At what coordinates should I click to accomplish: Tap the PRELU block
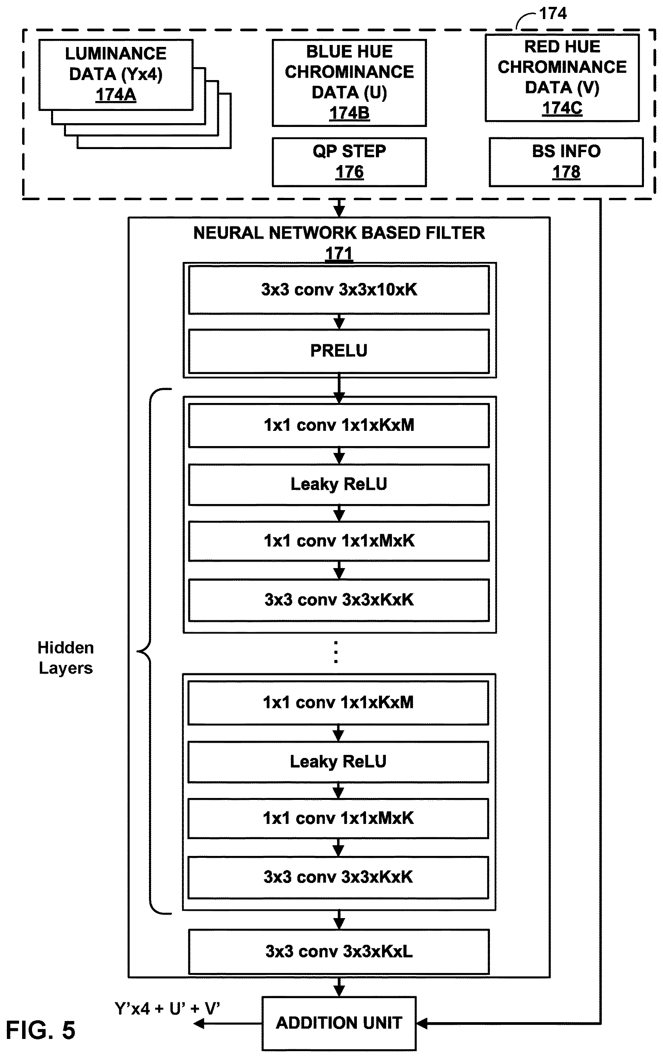pyautogui.click(x=339, y=351)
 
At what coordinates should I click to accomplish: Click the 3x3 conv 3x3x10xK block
pyautogui.click(x=339, y=290)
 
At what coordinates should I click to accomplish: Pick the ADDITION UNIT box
pyautogui.click(x=339, y=1023)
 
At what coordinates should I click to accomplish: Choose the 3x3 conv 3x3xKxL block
pyautogui.click(x=339, y=952)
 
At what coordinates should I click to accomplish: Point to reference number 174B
pyautogui.click(x=350, y=113)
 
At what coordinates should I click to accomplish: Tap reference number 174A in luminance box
pyautogui.click(x=116, y=95)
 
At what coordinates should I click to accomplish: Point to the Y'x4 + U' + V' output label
pyautogui.click(x=167, y=1008)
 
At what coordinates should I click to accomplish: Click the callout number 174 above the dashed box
pyautogui.click(x=552, y=14)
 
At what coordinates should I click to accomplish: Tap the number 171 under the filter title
pyautogui.click(x=339, y=254)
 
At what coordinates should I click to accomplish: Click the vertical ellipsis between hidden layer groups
pyautogui.click(x=336, y=652)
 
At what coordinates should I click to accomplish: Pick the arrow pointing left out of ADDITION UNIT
pyautogui.click(x=228, y=1023)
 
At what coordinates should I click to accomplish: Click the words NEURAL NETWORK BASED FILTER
pyautogui.click(x=339, y=233)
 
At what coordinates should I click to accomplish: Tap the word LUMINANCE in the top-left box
pyautogui.click(x=116, y=53)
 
